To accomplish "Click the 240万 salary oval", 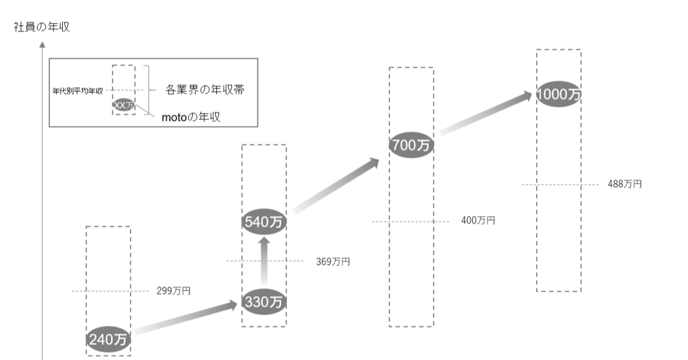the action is [108, 339].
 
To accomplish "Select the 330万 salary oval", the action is [264, 301].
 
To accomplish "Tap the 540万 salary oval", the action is [264, 221].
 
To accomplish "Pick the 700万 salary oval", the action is [411, 145].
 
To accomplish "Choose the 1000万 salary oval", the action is [558, 94].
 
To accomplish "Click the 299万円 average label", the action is [174, 291].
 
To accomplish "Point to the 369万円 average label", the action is [333, 262].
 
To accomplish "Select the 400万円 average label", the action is [478, 220].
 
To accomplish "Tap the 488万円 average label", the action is [625, 184].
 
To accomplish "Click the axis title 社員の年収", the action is [42, 27].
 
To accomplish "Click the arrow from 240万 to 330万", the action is [186, 318].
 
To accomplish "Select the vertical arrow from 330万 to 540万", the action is [264, 261].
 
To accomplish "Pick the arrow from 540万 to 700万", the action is [336, 185].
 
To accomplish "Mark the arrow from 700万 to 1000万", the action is [485, 113].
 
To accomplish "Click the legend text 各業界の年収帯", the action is [205, 90].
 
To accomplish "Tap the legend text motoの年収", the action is [191, 117].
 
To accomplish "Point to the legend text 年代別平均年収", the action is [78, 91].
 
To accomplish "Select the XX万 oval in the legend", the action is [124, 105].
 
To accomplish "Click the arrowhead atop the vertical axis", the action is [42, 45].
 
